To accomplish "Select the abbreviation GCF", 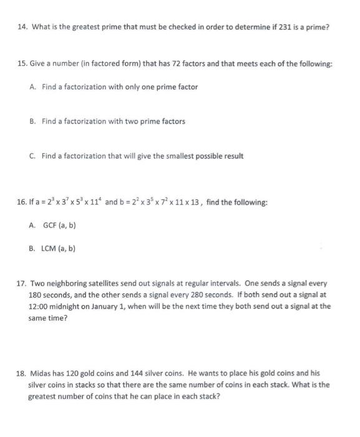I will coord(51,225).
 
